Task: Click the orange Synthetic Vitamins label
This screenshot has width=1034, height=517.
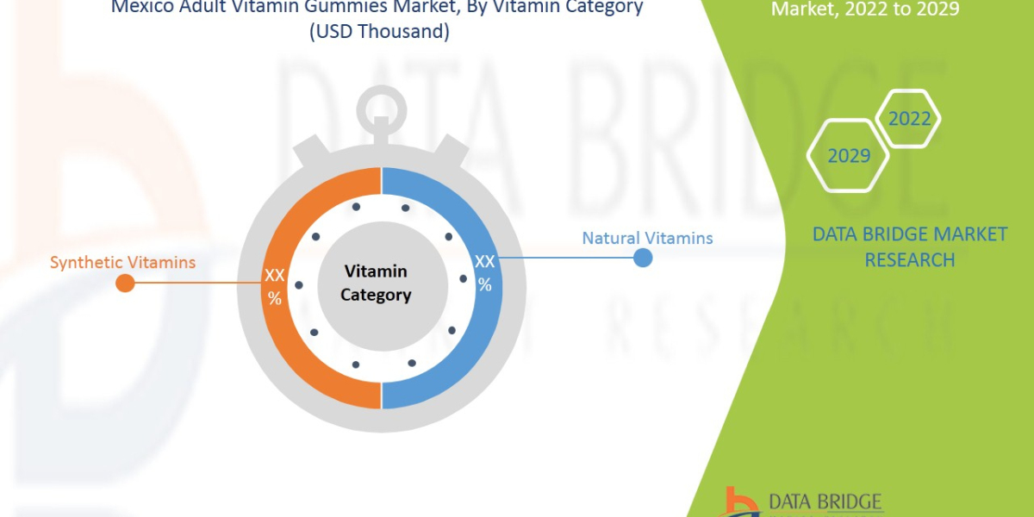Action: (x=122, y=262)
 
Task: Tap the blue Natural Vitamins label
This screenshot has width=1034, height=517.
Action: (x=647, y=238)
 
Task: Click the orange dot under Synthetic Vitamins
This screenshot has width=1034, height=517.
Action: (x=125, y=283)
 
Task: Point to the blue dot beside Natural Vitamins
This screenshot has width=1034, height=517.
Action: (x=643, y=257)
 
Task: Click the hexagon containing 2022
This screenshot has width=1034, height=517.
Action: (x=909, y=119)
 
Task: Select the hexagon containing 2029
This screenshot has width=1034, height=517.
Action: (x=848, y=156)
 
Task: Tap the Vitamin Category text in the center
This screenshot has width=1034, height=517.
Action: (x=376, y=283)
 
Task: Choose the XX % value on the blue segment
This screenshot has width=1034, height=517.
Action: (x=485, y=272)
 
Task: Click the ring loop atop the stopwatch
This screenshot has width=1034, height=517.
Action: (x=381, y=110)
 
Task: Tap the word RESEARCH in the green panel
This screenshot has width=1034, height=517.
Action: (x=909, y=259)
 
